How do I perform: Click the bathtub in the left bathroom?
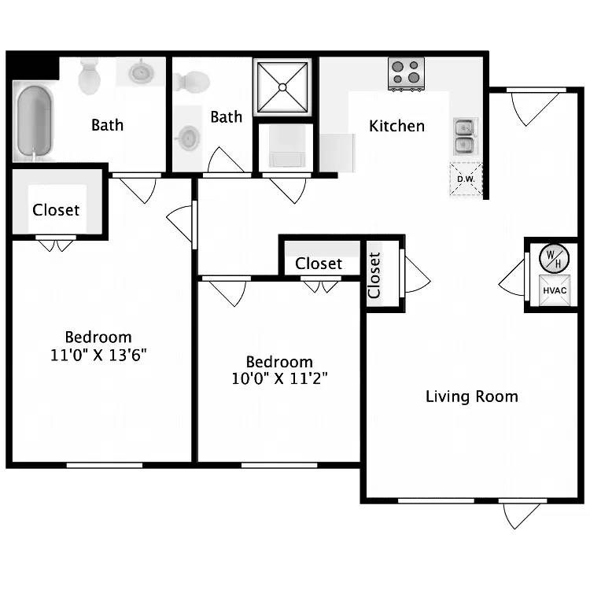point(34,123)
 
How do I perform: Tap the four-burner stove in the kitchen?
point(406,74)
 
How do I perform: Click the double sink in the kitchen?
point(464,135)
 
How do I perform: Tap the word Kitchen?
point(396,126)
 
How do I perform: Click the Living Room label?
point(471,396)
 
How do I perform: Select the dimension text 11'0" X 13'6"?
point(98,354)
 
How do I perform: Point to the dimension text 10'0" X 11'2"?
point(279,378)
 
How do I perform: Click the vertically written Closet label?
point(374,275)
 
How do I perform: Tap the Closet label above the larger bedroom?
point(56,210)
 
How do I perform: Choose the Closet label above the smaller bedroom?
point(319,264)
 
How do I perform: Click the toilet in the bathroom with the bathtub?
point(89,76)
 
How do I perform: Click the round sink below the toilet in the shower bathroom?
point(187,138)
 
